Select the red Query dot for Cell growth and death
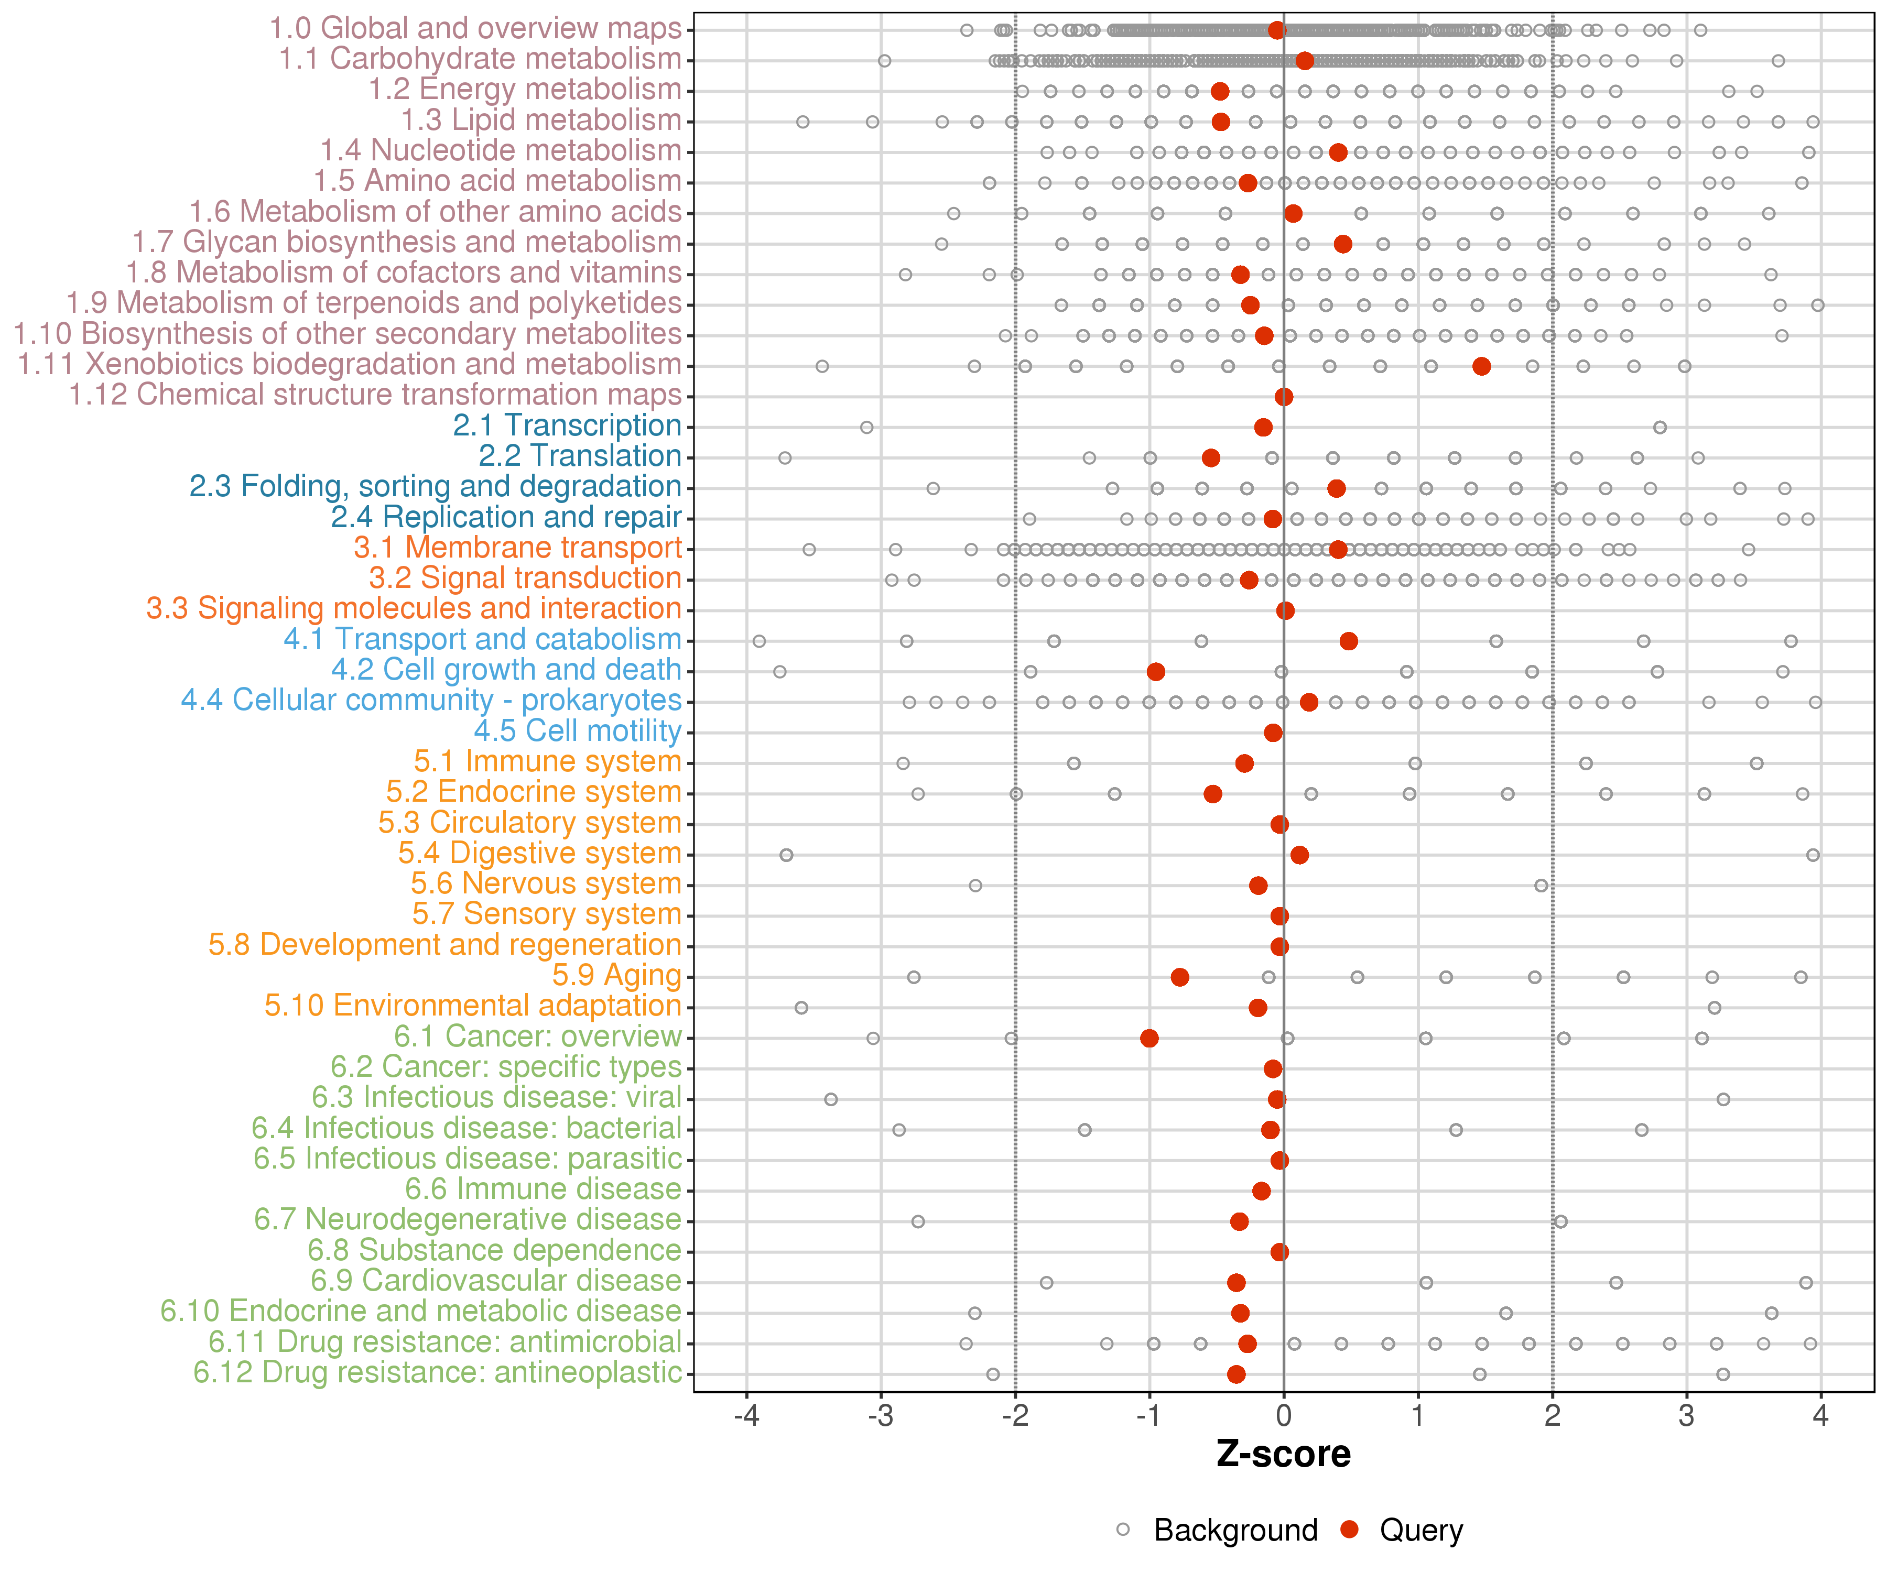[1156, 671]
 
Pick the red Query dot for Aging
[1180, 976]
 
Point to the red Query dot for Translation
[1210, 457]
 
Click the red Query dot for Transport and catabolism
[1348, 640]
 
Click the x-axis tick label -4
[746, 1416]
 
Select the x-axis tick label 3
[1686, 1416]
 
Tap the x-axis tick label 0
[1283, 1416]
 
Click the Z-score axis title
[1283, 1454]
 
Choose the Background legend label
[1235, 1530]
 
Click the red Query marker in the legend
[1349, 1529]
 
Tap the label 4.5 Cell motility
[578, 730]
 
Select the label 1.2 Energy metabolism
[525, 89]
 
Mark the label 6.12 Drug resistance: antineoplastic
[438, 1372]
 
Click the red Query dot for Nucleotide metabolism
[1338, 152]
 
